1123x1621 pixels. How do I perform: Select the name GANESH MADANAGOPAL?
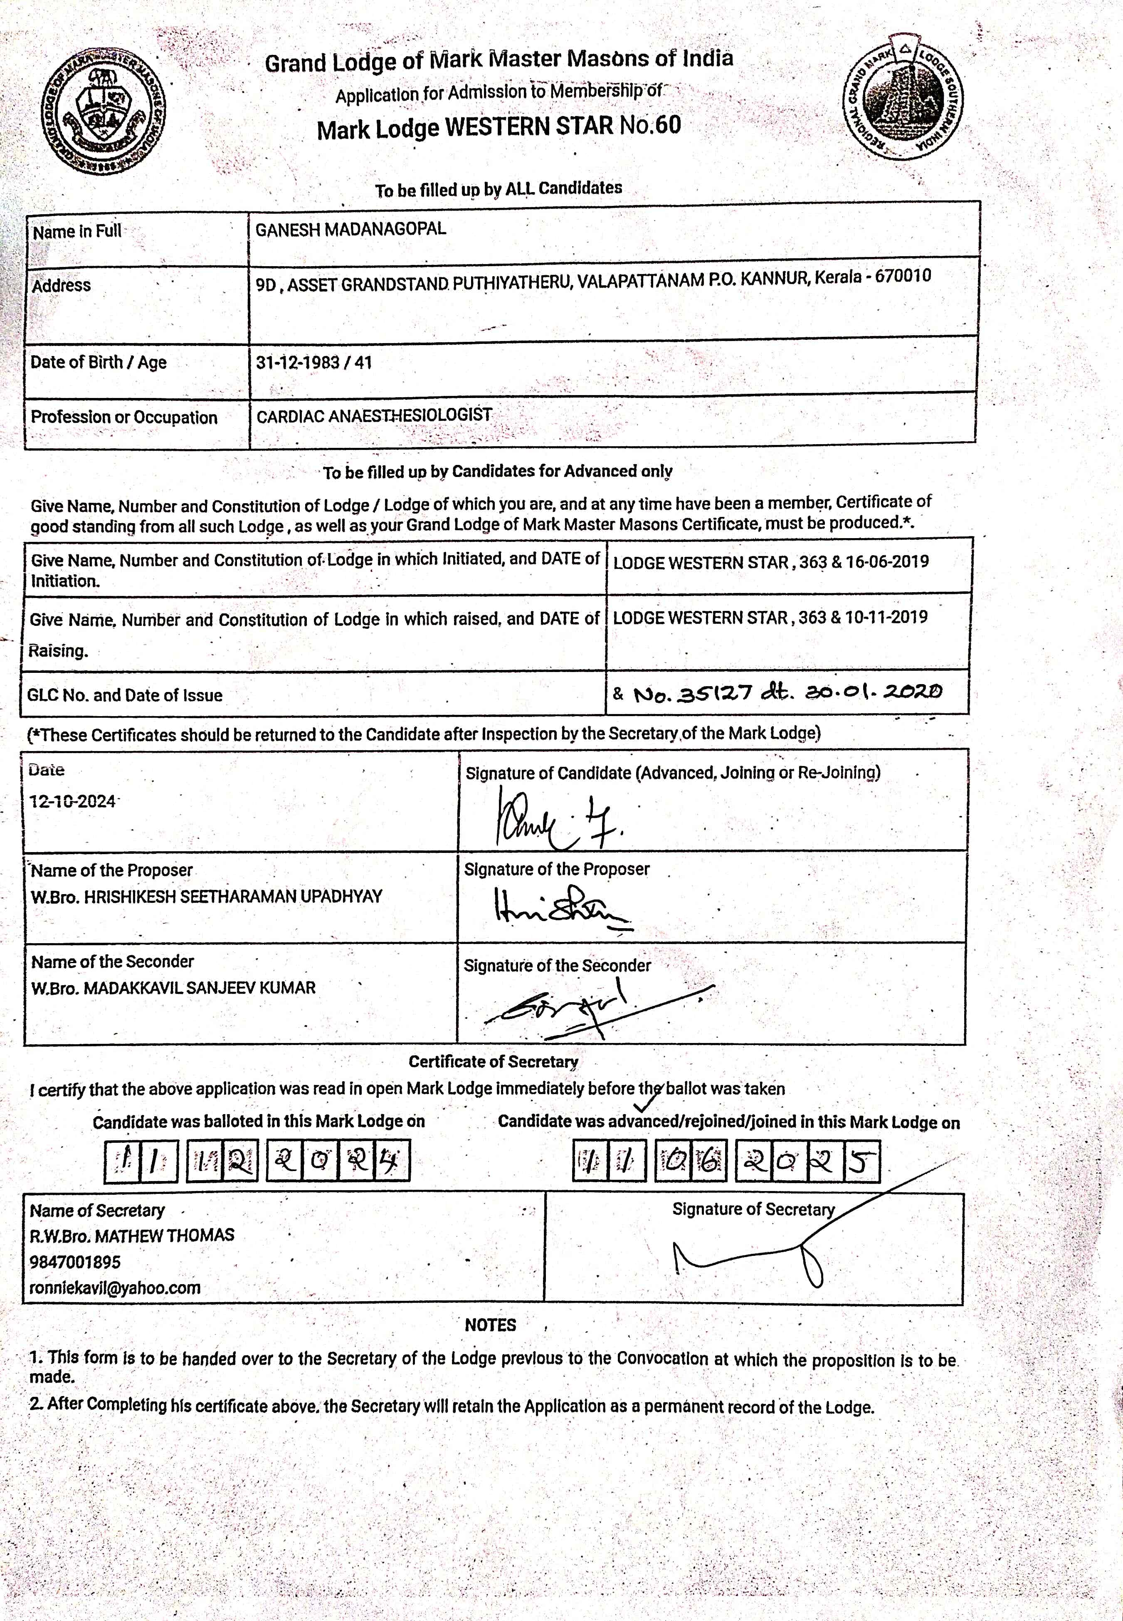click(350, 230)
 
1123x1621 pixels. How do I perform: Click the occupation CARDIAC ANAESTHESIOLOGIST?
click(374, 416)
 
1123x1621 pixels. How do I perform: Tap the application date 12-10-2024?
click(72, 801)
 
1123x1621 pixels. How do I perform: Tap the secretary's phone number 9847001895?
click(75, 1262)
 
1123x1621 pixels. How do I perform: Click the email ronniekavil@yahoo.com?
click(115, 1288)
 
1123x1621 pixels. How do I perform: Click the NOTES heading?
click(491, 1325)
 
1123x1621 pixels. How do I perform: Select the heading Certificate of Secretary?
click(493, 1062)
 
